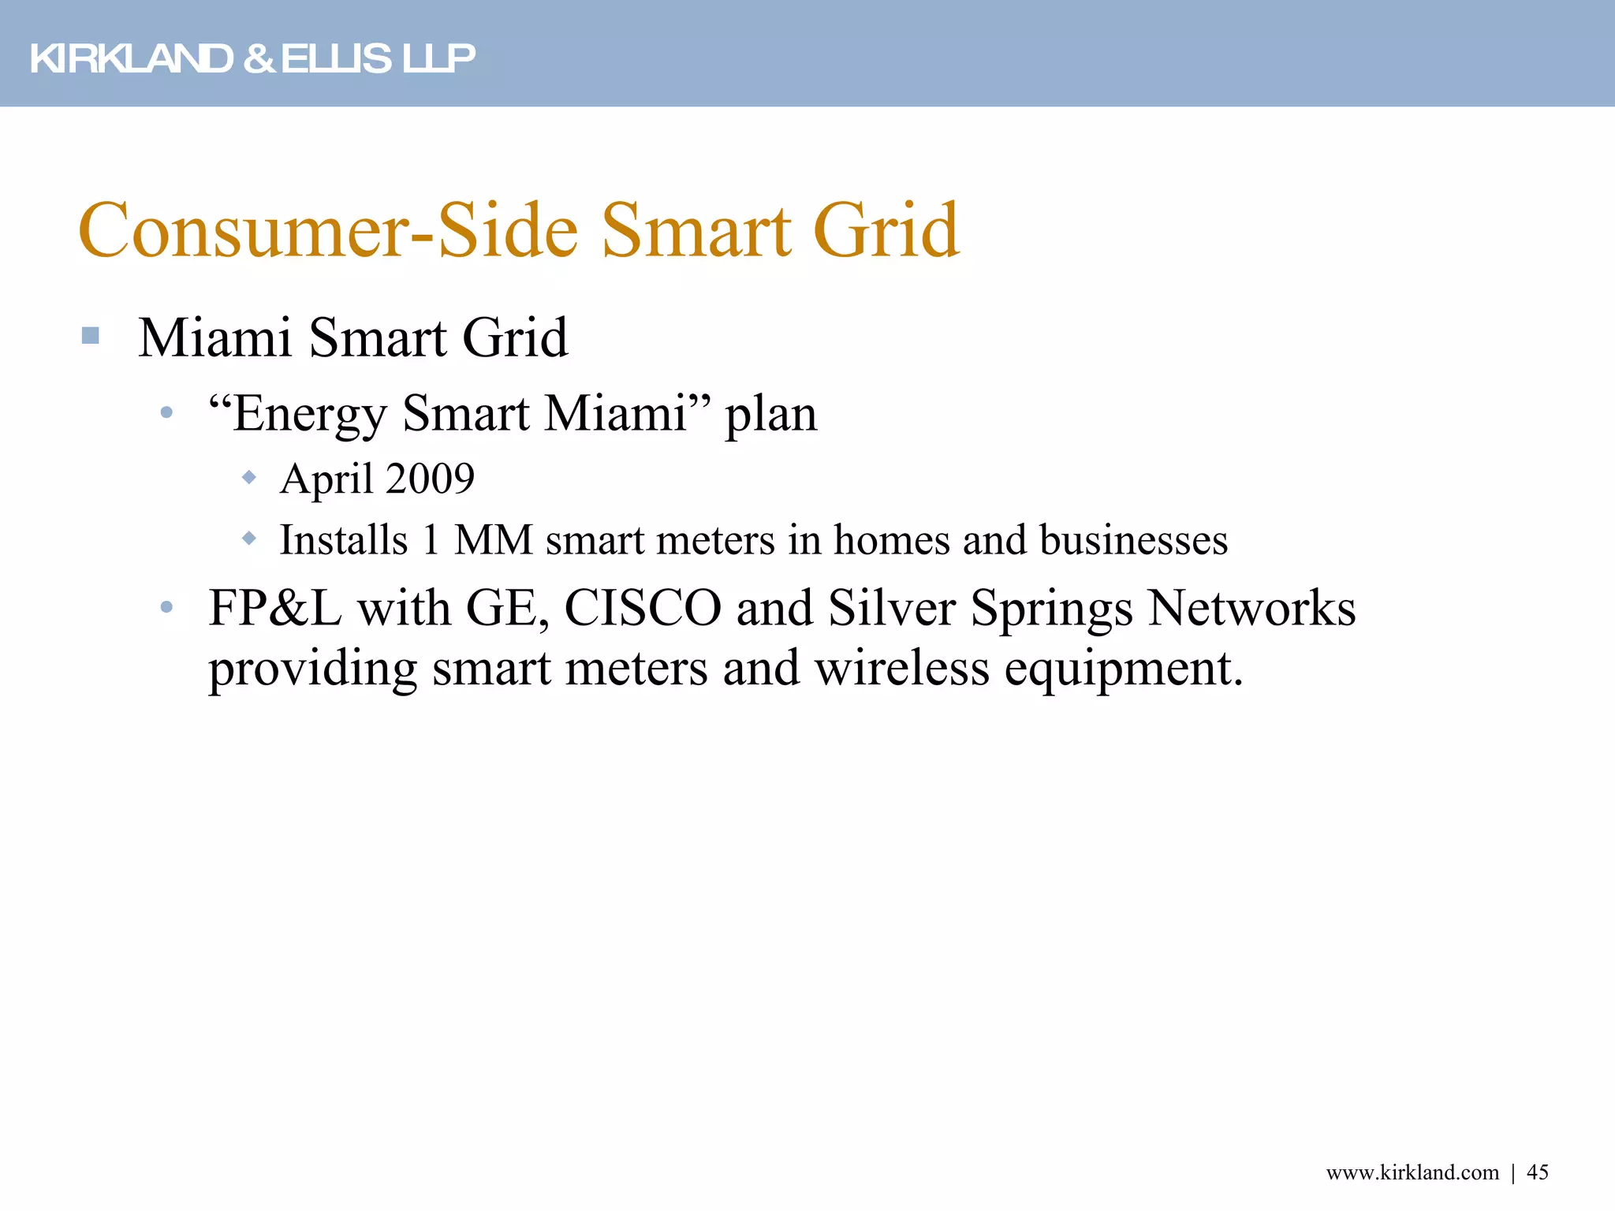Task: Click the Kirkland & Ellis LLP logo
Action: tap(252, 58)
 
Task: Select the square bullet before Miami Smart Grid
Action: tap(91, 336)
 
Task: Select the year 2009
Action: tap(431, 479)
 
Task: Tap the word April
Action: tap(326, 479)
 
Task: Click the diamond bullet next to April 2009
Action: tap(249, 477)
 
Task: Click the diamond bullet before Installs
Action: tap(249, 538)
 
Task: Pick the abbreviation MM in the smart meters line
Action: tap(494, 540)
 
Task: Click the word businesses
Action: tap(1133, 540)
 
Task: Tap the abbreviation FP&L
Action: tap(275, 608)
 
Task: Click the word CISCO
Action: tap(643, 608)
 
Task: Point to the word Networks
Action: tap(1251, 608)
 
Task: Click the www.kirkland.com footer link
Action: tap(1412, 1172)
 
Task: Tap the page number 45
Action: tap(1538, 1172)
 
